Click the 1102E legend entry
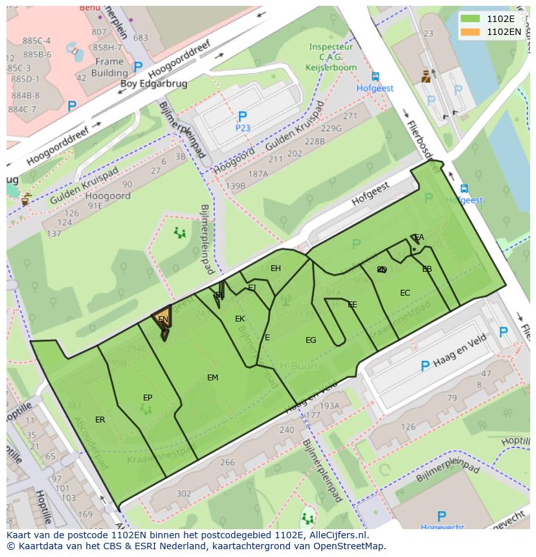click(x=500, y=18)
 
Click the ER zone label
click(x=100, y=420)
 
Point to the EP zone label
click(x=148, y=398)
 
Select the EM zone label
click(x=212, y=378)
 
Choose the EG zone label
click(x=311, y=340)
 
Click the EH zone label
click(x=276, y=268)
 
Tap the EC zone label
click(x=405, y=293)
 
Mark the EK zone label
click(x=240, y=319)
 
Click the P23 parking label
click(x=242, y=128)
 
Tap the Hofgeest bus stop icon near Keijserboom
click(x=375, y=77)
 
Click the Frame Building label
click(x=109, y=67)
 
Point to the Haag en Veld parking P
click(x=425, y=366)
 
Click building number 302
click(x=184, y=494)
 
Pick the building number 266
click(x=227, y=463)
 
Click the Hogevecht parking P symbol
click(x=441, y=516)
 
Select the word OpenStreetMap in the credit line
click(x=348, y=546)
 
